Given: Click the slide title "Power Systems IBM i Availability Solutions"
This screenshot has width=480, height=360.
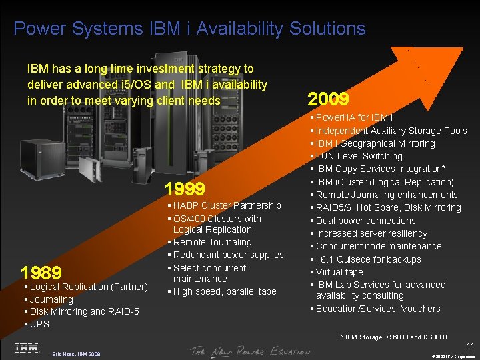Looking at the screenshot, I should coord(189,29).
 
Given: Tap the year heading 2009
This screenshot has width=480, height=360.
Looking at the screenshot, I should coord(328,100).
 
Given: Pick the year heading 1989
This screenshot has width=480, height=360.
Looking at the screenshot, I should coord(41,273).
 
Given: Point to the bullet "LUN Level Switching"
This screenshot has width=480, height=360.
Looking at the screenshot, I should coord(359,156).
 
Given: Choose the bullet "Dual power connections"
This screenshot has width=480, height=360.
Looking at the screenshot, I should coord(365,221).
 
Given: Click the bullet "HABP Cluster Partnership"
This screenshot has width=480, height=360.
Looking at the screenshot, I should coord(227,205).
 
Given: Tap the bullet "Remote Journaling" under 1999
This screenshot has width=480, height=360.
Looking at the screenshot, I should coord(212,242).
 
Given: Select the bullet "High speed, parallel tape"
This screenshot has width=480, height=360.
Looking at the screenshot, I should coord(224,291).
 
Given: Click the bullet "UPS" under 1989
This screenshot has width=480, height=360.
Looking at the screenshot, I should coord(39,324).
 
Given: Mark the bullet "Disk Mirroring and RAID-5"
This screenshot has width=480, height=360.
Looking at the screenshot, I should coord(84,311).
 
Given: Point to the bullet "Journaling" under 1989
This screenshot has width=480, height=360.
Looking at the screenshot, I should coord(51,299).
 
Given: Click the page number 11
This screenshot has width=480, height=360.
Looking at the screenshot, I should coord(470,345).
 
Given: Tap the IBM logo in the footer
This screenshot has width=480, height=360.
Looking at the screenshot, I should coord(26,348).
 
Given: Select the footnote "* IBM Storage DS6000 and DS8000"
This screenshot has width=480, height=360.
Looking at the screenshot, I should coord(394,337).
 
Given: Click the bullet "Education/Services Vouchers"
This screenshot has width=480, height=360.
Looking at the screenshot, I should coord(378,309).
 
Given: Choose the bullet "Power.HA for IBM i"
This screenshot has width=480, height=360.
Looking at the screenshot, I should coord(353,117).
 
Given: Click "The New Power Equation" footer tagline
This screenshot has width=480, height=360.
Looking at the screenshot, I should coord(249,351).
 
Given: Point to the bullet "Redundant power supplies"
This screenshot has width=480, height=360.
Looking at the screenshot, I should coord(228,255).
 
